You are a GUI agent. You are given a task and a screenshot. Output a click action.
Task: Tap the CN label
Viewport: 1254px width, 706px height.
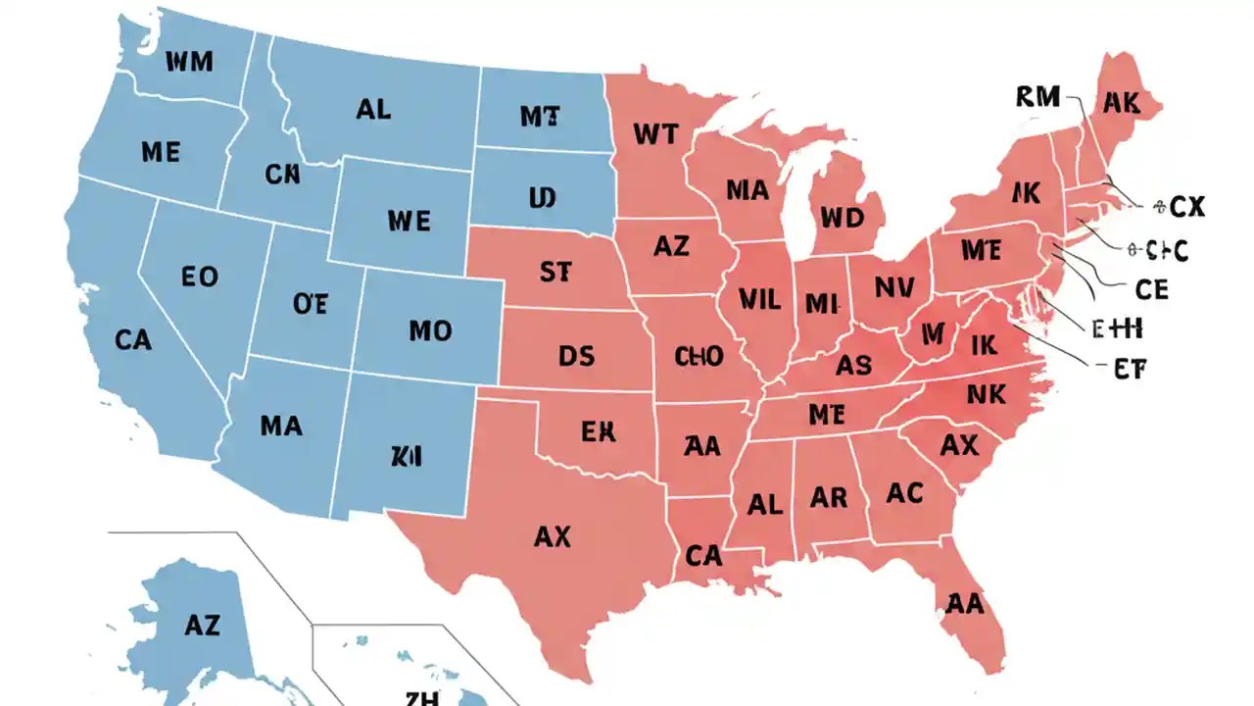[x=282, y=175]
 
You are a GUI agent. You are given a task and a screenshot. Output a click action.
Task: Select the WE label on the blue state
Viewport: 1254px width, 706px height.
[x=409, y=221]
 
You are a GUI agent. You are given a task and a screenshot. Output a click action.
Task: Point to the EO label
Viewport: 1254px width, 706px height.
[x=200, y=277]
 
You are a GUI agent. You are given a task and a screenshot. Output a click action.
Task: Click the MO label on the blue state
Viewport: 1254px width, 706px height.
[x=430, y=330]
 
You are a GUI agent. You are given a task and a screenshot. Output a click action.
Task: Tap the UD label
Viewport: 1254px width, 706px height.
[x=542, y=199]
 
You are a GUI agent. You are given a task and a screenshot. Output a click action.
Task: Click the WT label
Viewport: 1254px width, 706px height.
[x=655, y=133]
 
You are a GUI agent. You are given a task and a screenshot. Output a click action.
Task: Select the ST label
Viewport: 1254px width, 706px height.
[x=555, y=272]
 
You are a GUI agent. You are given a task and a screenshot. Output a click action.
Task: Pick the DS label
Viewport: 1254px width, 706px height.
[x=576, y=356]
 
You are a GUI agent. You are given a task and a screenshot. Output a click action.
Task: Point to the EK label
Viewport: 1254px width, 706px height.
[x=598, y=431]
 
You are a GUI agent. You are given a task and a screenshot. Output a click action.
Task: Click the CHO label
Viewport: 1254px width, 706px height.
[x=699, y=356]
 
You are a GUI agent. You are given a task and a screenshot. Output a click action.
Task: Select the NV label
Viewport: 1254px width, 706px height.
[x=893, y=288]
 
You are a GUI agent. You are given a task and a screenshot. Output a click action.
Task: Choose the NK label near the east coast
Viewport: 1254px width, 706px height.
[x=987, y=394]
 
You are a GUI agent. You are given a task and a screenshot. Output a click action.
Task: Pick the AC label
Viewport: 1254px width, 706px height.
[x=904, y=492]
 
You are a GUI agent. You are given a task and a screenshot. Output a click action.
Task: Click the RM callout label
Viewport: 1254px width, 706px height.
[x=1038, y=96]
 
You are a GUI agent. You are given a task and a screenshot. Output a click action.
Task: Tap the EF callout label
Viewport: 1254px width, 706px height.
[x=1129, y=369]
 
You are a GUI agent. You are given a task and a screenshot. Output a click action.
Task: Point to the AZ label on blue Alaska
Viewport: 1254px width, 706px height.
[x=201, y=624]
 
